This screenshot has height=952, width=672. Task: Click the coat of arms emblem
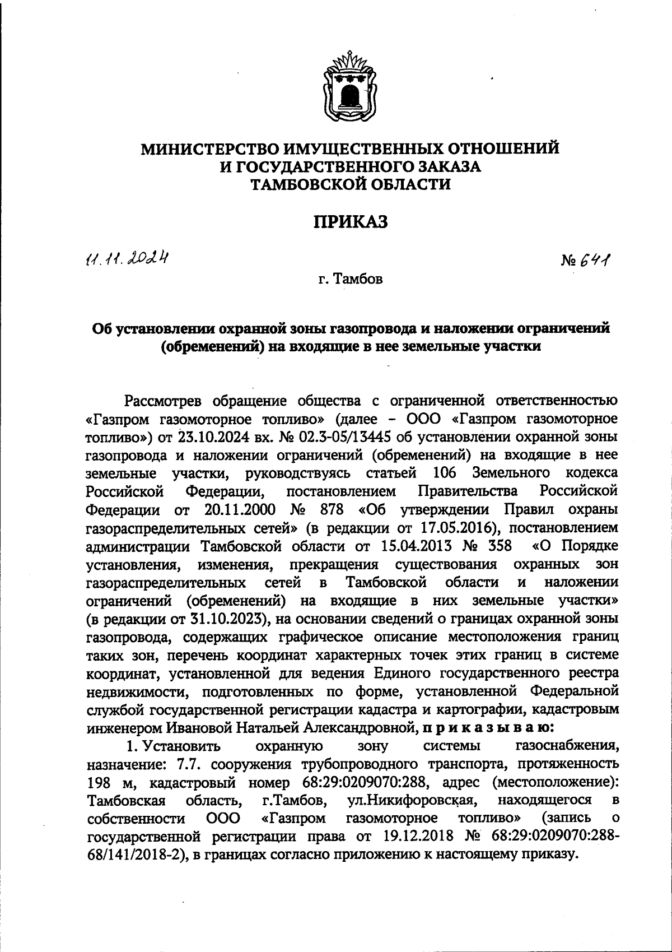(x=351, y=85)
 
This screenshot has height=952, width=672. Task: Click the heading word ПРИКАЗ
(x=350, y=222)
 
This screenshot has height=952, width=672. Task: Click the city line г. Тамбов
(x=351, y=278)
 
